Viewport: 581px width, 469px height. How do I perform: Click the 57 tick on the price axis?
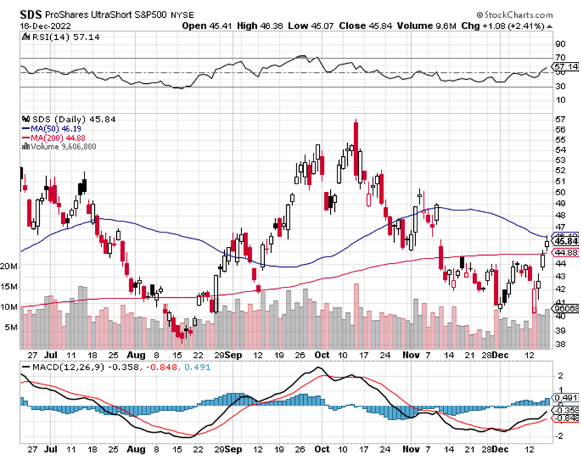click(560, 118)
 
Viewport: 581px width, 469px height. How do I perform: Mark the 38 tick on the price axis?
click(560, 345)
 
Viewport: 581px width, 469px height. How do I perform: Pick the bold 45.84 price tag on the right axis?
click(567, 241)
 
